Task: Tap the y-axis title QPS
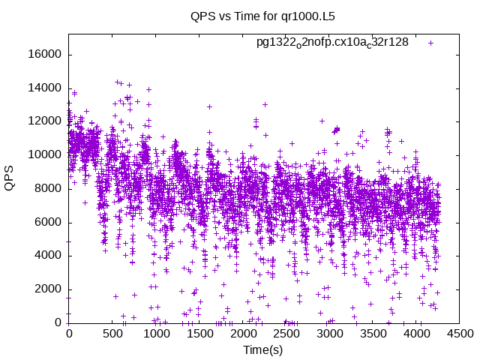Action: (x=10, y=178)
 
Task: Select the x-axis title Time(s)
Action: (x=262, y=350)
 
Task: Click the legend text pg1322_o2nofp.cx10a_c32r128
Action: (x=332, y=42)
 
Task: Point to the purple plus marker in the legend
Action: (x=431, y=43)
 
